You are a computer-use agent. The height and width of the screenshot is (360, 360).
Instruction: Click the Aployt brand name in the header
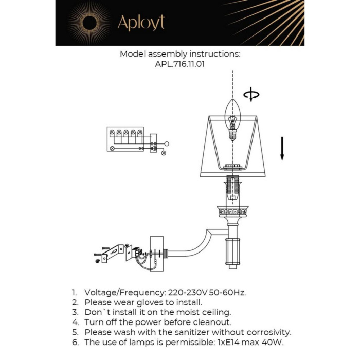[141, 23]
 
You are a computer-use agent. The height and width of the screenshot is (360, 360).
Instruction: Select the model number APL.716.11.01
[180, 65]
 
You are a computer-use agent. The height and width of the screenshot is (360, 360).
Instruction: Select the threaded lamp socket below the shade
[233, 190]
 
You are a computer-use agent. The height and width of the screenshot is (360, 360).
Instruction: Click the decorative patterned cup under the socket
[233, 211]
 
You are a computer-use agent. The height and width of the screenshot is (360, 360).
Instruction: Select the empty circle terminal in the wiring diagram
[166, 145]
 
